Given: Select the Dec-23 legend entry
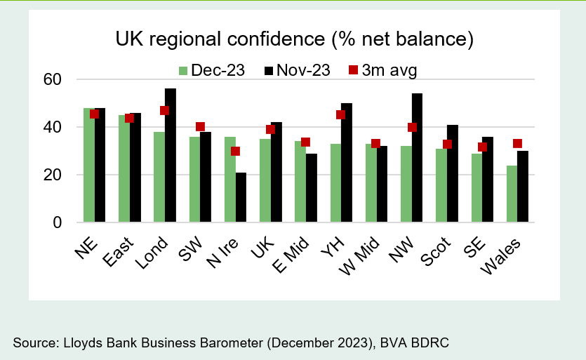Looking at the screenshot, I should pyautogui.click(x=211, y=70).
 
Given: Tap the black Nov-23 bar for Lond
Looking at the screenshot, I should pyautogui.click(x=171, y=155).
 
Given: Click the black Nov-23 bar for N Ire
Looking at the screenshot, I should pyautogui.click(x=241, y=197).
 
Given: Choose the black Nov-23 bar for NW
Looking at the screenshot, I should pyautogui.click(x=418, y=158).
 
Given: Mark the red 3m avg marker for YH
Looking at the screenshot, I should pyautogui.click(x=341, y=114).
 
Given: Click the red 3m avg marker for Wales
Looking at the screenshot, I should pyautogui.click(x=518, y=144).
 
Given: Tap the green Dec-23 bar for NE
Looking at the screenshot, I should pyautogui.click(x=88, y=165).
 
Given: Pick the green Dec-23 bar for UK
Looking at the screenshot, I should pyautogui.click(x=265, y=180).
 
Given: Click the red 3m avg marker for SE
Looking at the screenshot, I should pyautogui.click(x=483, y=147).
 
